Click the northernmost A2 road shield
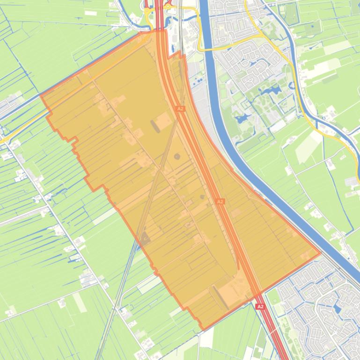pos(180,108)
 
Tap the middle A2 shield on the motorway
pos(220,202)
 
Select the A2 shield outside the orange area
pos(260,307)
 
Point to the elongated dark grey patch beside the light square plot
pos(154,126)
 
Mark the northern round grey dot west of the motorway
pos(177,157)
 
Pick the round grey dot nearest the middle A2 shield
pos(202,197)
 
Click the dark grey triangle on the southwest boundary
pos(145,238)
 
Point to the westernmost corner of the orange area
pos(41,96)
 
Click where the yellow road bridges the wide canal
pos(206,48)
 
